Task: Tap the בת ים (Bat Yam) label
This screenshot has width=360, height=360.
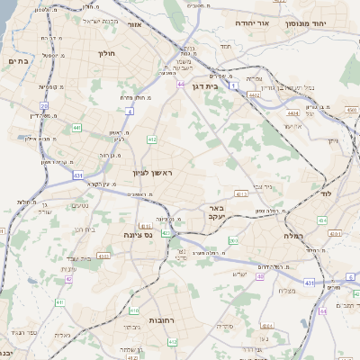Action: click(x=18, y=61)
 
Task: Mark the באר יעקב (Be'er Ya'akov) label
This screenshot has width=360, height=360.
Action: click(x=239, y=212)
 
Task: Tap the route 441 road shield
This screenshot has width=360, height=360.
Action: click(x=76, y=128)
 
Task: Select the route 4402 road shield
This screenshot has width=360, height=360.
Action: click(x=255, y=94)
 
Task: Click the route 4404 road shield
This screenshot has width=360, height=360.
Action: click(x=292, y=114)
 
